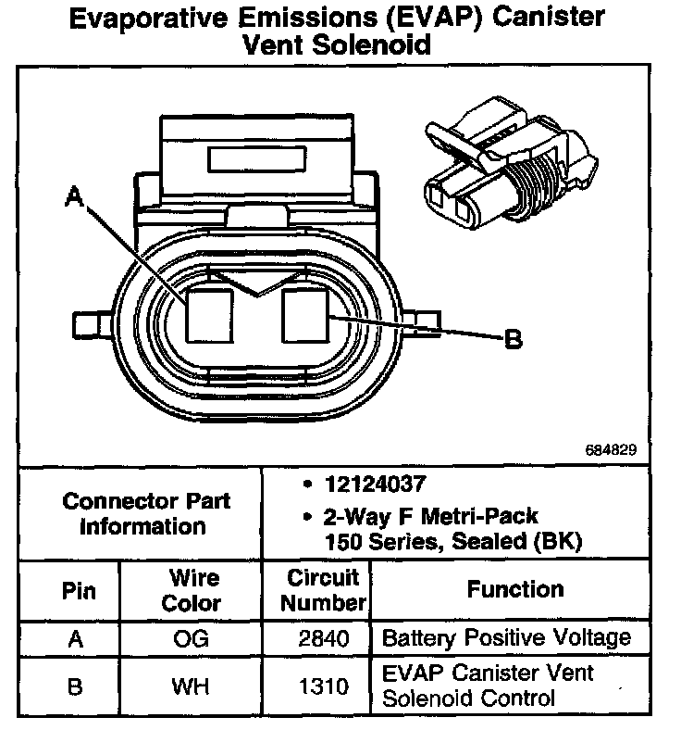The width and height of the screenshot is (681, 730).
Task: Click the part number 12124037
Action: (x=363, y=484)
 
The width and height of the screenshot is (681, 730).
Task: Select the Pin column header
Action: (x=78, y=591)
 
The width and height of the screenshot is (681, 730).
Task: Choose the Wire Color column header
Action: (x=192, y=591)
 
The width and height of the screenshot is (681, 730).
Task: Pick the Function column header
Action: (x=515, y=589)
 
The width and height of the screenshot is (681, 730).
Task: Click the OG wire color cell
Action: (x=192, y=639)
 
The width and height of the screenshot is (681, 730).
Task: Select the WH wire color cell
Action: (x=192, y=688)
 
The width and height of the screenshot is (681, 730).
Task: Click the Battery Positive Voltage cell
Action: (x=506, y=638)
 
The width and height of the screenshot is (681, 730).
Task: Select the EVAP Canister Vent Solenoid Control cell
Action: (x=488, y=686)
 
